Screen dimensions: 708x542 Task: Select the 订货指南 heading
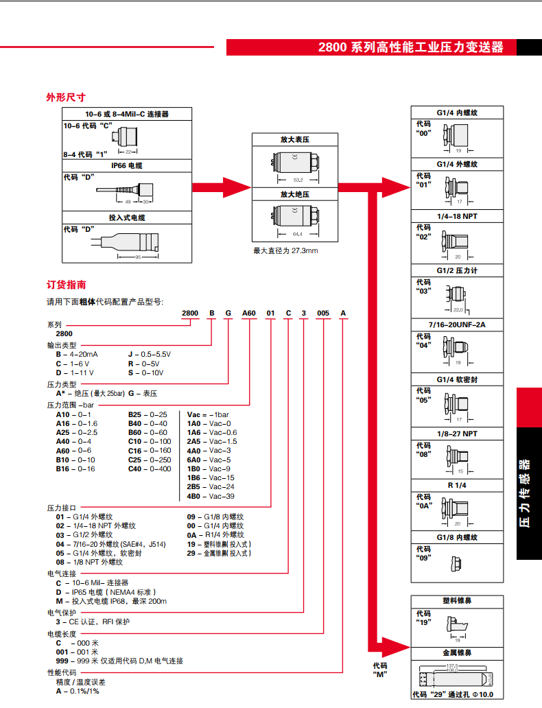click(x=66, y=285)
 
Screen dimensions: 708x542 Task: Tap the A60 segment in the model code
click(x=248, y=313)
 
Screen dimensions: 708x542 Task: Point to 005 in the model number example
click(x=322, y=313)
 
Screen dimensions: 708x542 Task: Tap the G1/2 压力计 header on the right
click(x=457, y=270)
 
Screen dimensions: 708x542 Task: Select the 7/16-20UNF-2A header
click(x=457, y=324)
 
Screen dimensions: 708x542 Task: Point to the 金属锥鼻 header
click(x=457, y=652)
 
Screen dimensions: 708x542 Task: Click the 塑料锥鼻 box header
click(x=457, y=601)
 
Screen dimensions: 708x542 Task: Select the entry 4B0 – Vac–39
click(x=211, y=495)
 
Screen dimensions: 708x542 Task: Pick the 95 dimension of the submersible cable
click(x=139, y=257)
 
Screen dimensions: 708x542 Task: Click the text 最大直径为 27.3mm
click(x=285, y=250)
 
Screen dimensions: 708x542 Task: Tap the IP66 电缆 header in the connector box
click(x=127, y=165)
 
